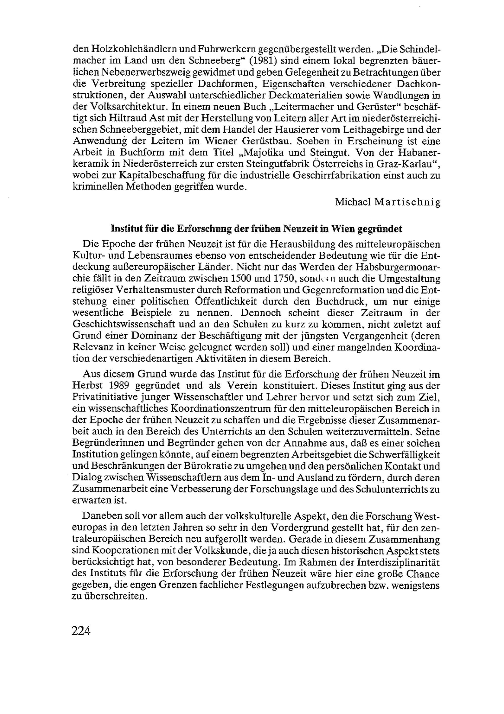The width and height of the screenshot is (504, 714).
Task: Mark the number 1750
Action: [279, 279]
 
